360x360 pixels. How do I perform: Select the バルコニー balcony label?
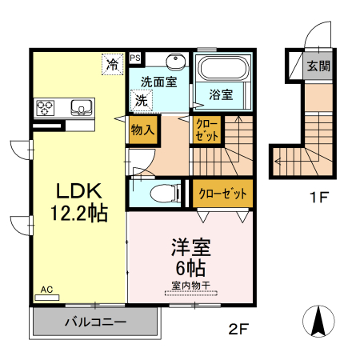tap(94, 322)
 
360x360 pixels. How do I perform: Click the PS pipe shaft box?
tap(135, 58)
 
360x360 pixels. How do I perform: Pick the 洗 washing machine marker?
tap(140, 102)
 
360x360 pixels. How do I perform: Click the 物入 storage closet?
tap(142, 129)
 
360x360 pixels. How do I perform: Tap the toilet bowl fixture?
tap(165, 193)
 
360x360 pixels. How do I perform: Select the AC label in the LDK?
tap(46, 290)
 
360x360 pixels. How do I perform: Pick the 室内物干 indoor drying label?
tap(190, 285)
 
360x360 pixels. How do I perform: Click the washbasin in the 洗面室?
tap(175, 64)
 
